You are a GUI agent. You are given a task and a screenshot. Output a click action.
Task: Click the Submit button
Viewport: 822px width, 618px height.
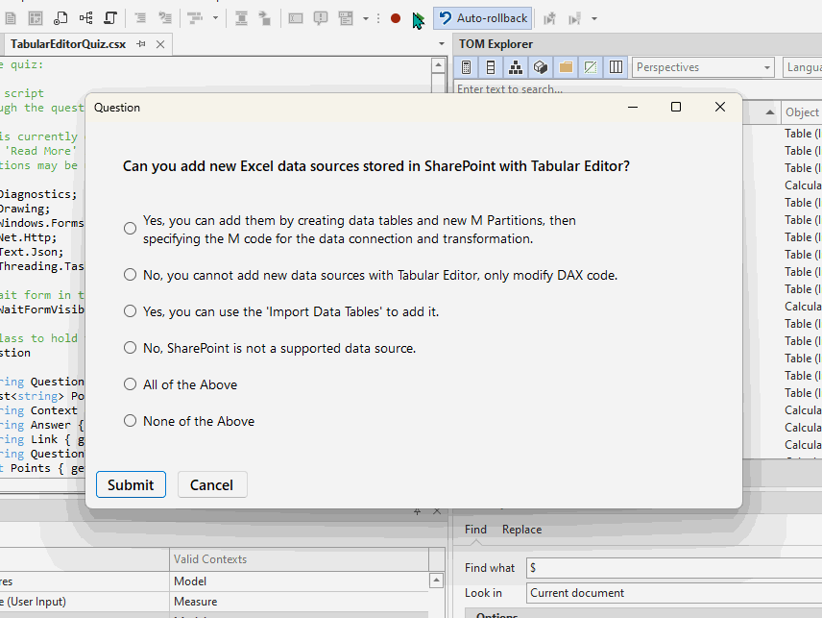131,484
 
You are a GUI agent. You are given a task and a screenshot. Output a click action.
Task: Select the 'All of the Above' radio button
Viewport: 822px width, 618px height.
131,384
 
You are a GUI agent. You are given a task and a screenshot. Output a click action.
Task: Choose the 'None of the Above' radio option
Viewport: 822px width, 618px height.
131,421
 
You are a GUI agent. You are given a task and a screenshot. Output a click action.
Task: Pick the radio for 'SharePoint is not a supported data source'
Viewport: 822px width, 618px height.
131,348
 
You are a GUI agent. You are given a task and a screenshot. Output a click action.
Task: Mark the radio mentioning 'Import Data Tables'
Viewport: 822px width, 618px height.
131,311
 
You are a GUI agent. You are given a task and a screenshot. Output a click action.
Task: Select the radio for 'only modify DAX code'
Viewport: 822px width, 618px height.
131,275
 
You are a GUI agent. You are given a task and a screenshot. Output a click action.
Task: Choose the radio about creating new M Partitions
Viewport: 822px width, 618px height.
131,229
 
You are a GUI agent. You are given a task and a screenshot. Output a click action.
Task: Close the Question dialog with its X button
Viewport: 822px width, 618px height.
720,108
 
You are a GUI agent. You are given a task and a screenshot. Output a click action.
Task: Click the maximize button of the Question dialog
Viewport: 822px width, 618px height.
676,108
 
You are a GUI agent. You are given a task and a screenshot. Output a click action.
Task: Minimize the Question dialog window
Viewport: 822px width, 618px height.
632,108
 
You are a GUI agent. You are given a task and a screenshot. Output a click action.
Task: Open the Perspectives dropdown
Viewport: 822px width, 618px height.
704,67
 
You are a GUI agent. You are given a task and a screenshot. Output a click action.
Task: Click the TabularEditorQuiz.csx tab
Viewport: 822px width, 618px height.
67,44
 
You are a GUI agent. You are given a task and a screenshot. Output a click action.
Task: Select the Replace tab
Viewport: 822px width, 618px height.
521,530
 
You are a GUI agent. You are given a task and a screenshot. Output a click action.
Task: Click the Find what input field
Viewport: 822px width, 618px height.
672,568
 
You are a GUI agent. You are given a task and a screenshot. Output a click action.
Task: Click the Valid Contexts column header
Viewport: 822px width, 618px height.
210,559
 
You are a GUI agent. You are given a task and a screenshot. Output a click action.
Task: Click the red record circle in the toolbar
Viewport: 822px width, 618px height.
396,18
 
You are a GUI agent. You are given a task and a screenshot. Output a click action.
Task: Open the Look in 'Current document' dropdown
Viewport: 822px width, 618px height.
672,593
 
